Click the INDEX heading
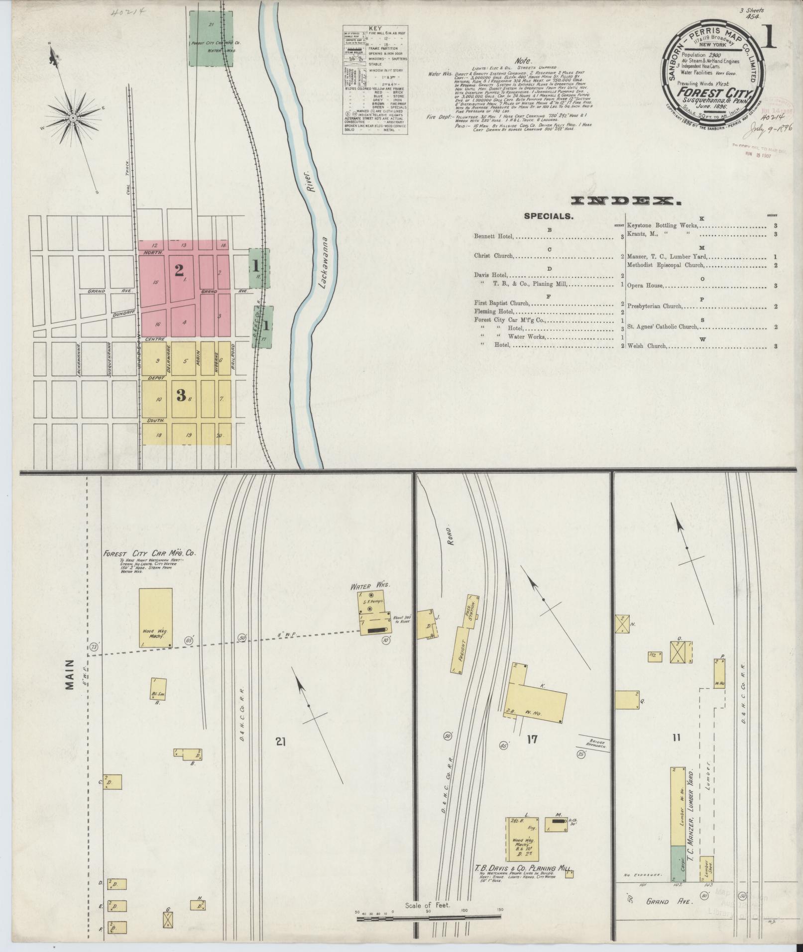(x=626, y=201)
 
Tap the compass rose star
(x=73, y=118)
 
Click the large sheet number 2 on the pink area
(x=179, y=270)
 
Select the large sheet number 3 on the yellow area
(x=181, y=396)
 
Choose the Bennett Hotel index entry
(x=494, y=237)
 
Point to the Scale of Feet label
(x=428, y=905)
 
